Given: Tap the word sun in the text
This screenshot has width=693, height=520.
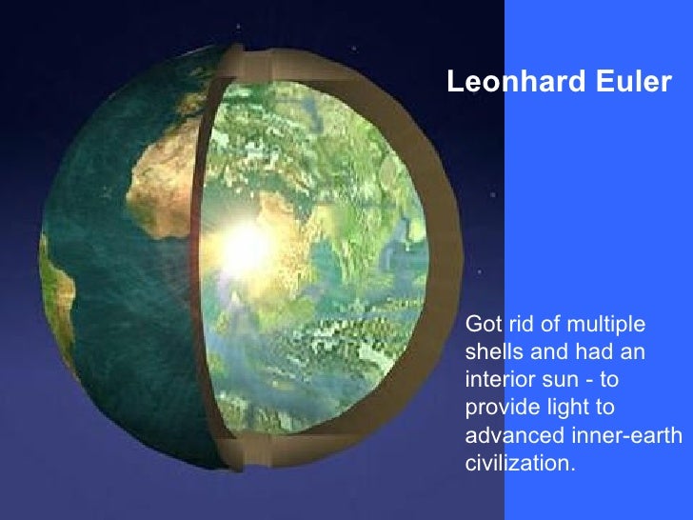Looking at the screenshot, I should tap(557, 380).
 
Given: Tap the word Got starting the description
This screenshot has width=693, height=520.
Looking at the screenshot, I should tap(482, 324).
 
